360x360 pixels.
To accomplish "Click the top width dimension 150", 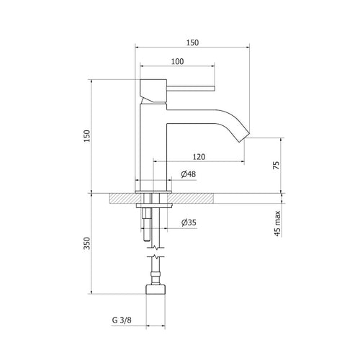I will (x=192, y=42).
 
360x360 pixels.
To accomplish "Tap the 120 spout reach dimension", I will (x=200, y=156).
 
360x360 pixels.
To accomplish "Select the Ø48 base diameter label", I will (x=188, y=174).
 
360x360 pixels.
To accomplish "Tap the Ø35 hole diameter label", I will (x=188, y=222).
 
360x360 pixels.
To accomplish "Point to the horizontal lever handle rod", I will (x=191, y=89).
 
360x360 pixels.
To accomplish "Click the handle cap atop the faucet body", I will (x=152, y=88).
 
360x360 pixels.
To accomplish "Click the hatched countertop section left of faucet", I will (x=122, y=197).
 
